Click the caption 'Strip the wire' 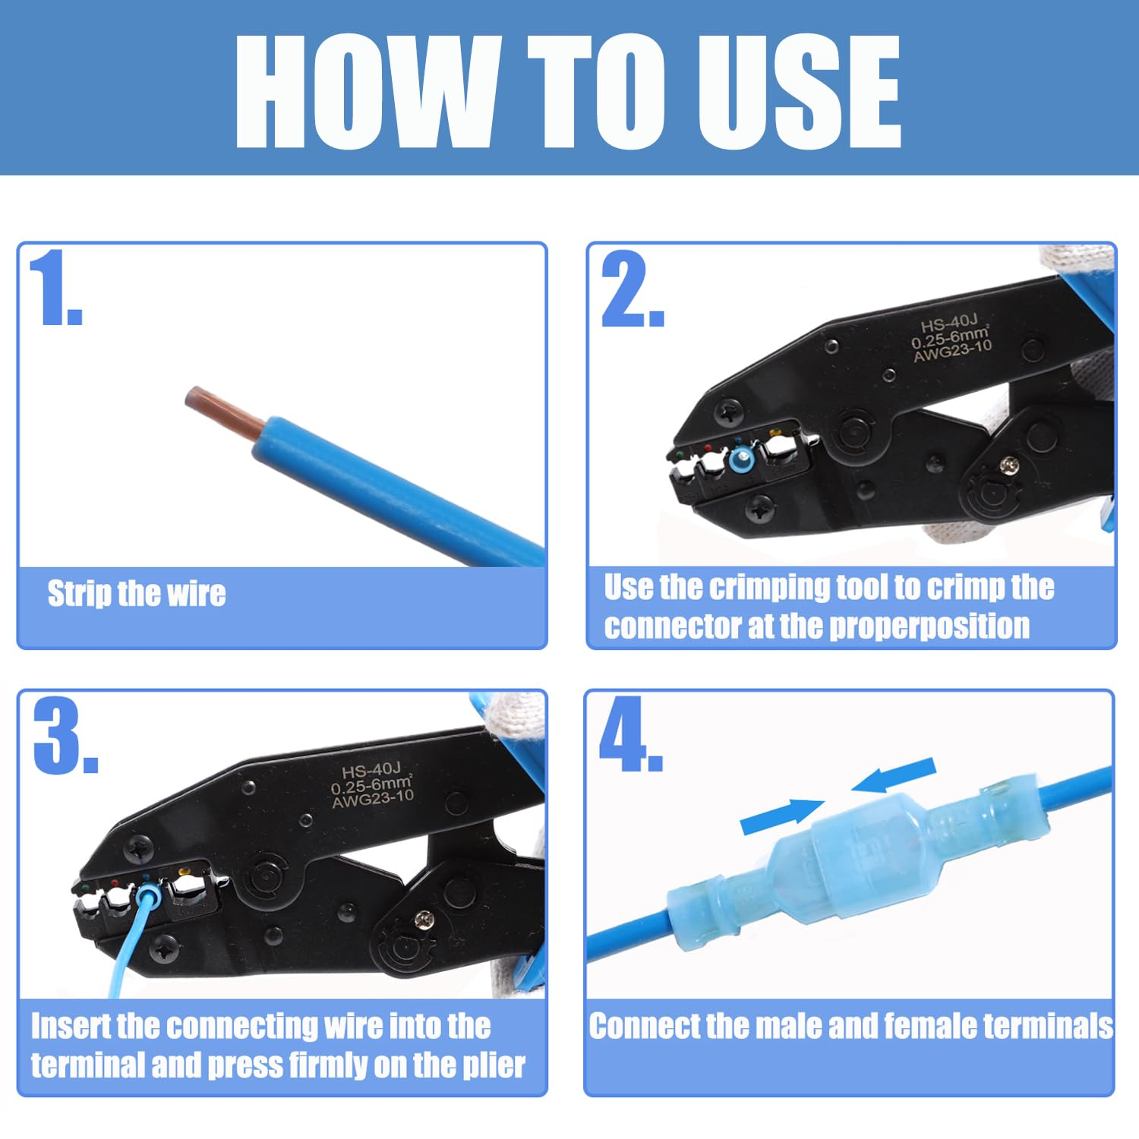coord(137,593)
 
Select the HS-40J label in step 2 coord(948,324)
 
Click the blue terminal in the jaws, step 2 coord(741,459)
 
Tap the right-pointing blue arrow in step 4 coord(782,816)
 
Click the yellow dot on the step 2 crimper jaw coord(775,434)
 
